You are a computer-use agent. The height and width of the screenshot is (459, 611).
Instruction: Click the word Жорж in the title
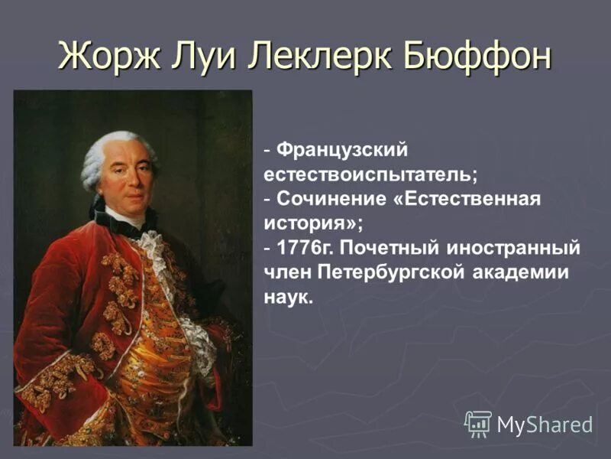pyautogui.click(x=106, y=56)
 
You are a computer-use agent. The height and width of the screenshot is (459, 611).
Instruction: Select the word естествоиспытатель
pyautogui.click(x=370, y=174)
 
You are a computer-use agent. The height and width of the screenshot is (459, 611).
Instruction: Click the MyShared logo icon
pyautogui.click(x=477, y=423)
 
